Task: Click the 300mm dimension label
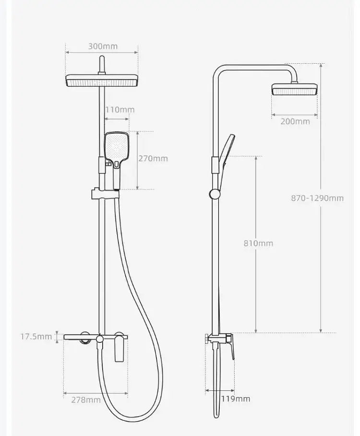(x=102, y=47)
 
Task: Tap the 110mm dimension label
(x=120, y=110)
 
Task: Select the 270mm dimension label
(x=153, y=158)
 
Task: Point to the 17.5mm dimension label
(x=36, y=336)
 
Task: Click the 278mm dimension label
(x=85, y=400)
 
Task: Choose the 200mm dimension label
(x=295, y=121)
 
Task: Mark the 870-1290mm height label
(x=317, y=198)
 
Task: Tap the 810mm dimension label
(x=258, y=243)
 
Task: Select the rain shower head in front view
(x=102, y=82)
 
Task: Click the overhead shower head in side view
(x=294, y=89)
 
